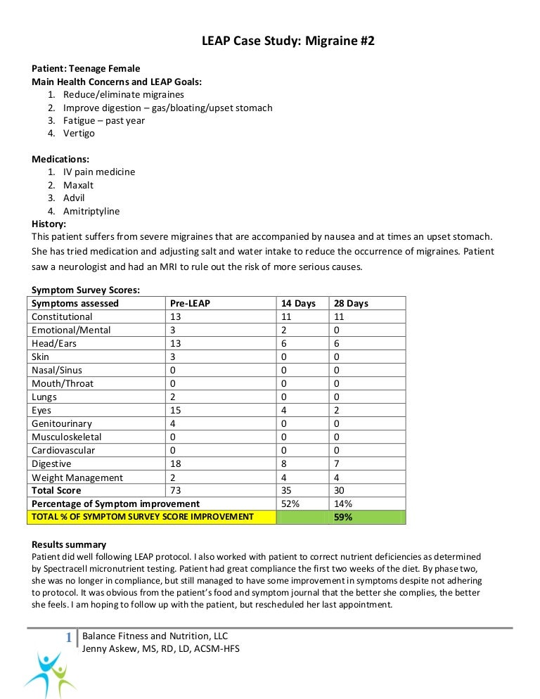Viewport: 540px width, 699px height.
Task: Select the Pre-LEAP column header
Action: tap(190, 303)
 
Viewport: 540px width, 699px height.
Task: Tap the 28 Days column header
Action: tap(351, 303)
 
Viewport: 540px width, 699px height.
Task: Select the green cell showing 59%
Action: tap(343, 517)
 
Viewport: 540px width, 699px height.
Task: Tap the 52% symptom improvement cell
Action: tap(290, 504)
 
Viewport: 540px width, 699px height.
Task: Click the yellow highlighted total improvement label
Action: tap(141, 517)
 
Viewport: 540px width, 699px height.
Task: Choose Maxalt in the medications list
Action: tap(78, 185)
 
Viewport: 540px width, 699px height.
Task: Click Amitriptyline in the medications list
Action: tap(91, 211)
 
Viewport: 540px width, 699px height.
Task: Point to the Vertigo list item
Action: tap(79, 133)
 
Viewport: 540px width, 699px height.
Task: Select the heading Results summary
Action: tap(69, 544)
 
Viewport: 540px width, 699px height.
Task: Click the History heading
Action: tap(49, 224)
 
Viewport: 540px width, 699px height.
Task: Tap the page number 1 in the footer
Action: tap(68, 638)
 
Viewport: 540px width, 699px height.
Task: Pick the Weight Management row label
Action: tap(77, 477)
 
